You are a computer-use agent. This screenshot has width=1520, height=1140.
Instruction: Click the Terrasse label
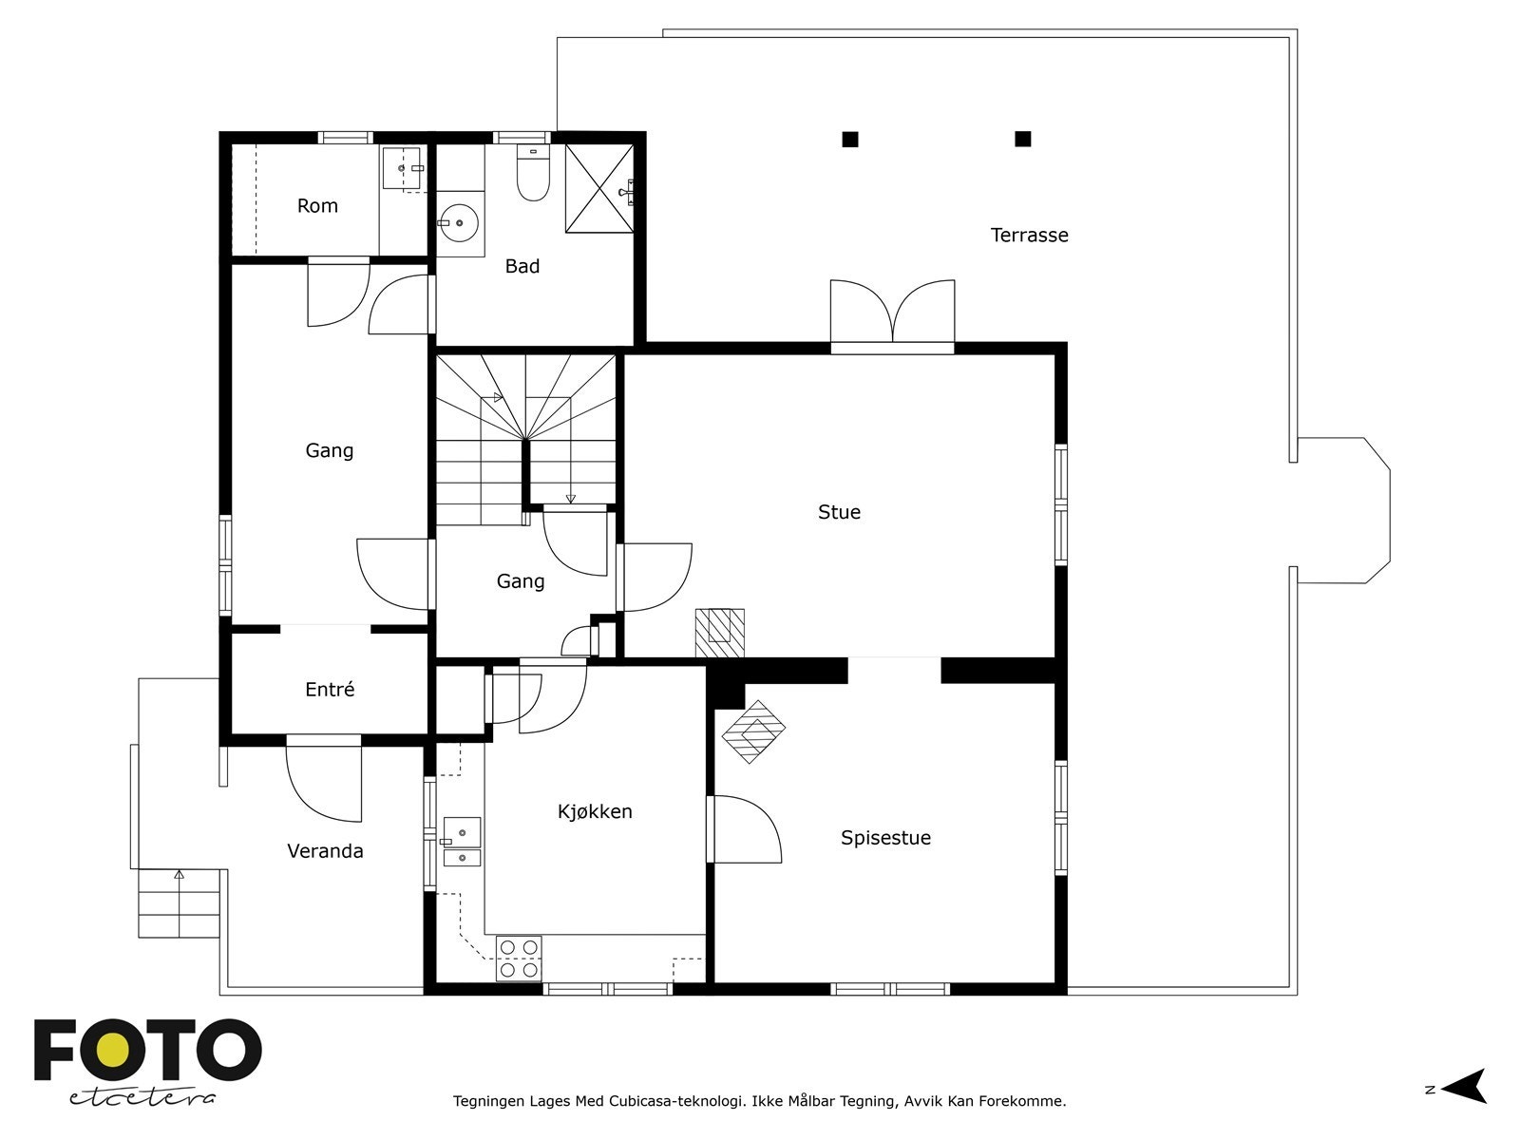1029,236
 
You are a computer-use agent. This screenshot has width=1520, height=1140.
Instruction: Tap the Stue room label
839,512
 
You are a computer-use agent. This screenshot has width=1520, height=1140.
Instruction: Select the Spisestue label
885,838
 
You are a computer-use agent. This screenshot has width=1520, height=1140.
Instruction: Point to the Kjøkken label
595,811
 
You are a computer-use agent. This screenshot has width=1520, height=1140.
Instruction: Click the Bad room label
522,267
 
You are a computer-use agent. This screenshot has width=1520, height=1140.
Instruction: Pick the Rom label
317,205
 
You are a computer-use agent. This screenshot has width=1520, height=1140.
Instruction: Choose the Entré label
330,690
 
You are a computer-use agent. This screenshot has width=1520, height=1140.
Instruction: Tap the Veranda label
326,850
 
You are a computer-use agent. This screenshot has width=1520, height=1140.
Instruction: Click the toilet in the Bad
533,172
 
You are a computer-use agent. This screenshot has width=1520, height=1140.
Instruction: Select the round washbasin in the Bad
459,223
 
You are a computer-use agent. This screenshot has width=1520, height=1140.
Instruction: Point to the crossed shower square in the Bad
599,188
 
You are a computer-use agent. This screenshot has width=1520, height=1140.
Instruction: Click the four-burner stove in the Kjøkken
519,959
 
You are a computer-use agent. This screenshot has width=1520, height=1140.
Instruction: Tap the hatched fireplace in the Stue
719,633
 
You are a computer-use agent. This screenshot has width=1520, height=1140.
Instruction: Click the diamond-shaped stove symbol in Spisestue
753,731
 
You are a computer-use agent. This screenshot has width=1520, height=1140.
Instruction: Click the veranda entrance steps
180,903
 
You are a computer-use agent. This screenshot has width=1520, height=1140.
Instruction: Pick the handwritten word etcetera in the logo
142,1098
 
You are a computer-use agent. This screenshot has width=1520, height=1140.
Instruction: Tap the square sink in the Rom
402,167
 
